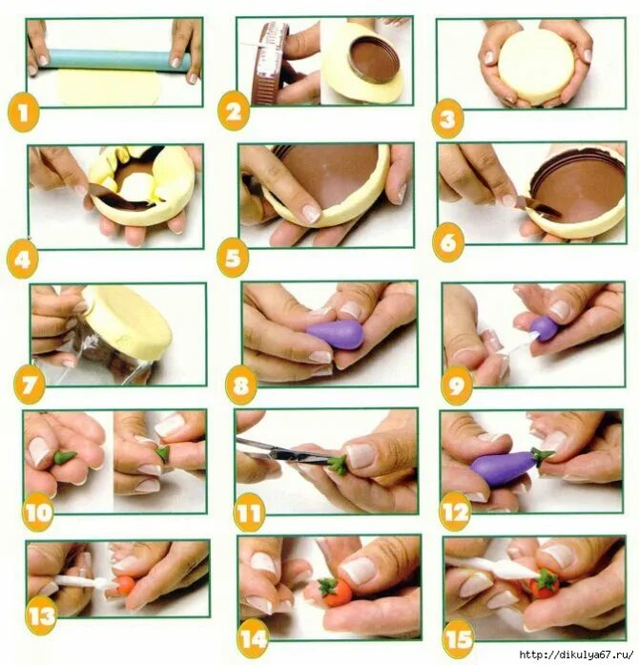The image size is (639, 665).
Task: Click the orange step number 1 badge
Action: coord(23,114)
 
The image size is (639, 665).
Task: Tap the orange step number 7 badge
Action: coord(30,386)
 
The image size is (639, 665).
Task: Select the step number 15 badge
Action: coord(459,638)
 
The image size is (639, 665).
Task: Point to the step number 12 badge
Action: coord(456,513)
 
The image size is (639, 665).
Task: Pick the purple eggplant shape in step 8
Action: coord(336,334)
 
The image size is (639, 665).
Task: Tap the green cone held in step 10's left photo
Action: coord(66,458)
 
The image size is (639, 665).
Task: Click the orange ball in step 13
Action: coord(125,586)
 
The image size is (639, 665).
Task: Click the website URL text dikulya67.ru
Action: coord(578,655)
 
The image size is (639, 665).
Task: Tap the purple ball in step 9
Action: coord(544,328)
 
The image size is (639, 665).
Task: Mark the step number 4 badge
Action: coord(23,260)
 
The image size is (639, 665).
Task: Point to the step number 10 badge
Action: coord(38,513)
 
